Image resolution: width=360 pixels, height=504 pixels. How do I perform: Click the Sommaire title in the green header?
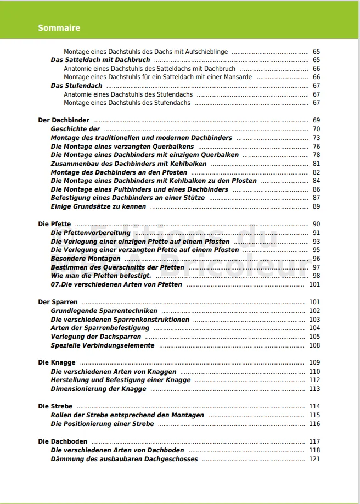59,28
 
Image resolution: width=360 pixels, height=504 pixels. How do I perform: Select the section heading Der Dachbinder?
64,120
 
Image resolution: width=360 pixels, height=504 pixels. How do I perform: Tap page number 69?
316,120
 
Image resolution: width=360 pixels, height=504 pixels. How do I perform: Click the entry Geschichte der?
75,129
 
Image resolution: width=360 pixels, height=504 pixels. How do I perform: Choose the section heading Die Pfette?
54,224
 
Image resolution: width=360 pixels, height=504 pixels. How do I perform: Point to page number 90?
316,224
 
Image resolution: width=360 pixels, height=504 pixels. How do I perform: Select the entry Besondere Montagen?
86,259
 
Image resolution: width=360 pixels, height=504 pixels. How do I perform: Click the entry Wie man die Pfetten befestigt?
101,276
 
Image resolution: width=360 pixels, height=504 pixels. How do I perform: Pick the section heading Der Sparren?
58,302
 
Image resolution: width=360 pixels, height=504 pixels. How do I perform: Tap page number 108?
314,345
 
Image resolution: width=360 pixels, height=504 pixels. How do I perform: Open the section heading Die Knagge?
57,362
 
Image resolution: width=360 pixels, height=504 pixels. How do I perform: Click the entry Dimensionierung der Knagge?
99,389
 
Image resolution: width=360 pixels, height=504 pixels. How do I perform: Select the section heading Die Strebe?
55,406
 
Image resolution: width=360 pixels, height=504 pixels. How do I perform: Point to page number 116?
314,424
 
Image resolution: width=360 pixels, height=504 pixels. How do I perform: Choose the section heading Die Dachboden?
63,441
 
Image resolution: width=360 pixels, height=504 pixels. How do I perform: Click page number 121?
314,459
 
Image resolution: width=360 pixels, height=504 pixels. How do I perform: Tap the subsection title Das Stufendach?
76,86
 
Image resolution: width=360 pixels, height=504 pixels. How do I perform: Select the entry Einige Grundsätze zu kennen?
99,206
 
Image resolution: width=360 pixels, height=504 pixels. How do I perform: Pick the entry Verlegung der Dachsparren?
96,337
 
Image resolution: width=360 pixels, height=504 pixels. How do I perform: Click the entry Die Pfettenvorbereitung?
91,233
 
